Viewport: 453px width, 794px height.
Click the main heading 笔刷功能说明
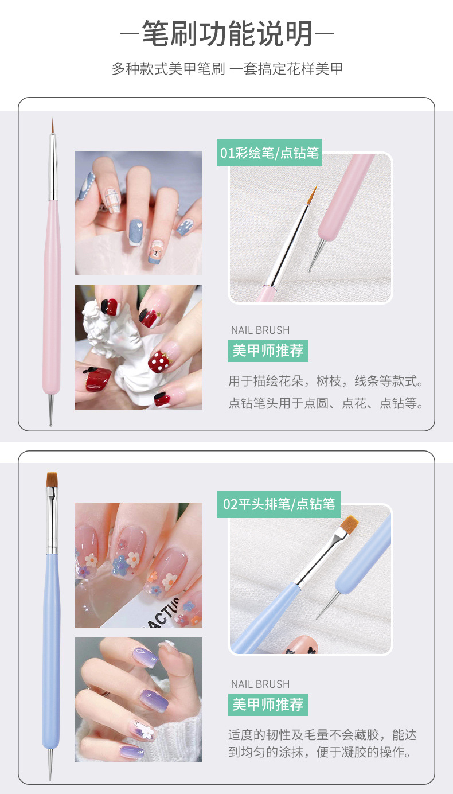click(x=227, y=33)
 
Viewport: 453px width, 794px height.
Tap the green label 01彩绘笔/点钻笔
click(x=269, y=153)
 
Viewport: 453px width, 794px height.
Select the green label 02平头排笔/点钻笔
click(x=279, y=504)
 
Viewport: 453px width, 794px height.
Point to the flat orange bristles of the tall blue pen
click(x=52, y=480)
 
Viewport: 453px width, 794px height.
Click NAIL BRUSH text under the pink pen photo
click(x=260, y=330)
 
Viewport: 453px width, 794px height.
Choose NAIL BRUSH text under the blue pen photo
click(x=260, y=684)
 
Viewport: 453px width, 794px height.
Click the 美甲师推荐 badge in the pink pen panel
click(x=268, y=350)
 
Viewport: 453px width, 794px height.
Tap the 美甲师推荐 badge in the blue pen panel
click(x=268, y=704)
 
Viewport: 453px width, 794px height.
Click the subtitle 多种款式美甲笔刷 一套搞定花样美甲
click(x=227, y=69)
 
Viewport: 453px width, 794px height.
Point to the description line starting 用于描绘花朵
click(x=326, y=382)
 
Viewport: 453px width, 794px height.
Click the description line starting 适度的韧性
click(x=322, y=735)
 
